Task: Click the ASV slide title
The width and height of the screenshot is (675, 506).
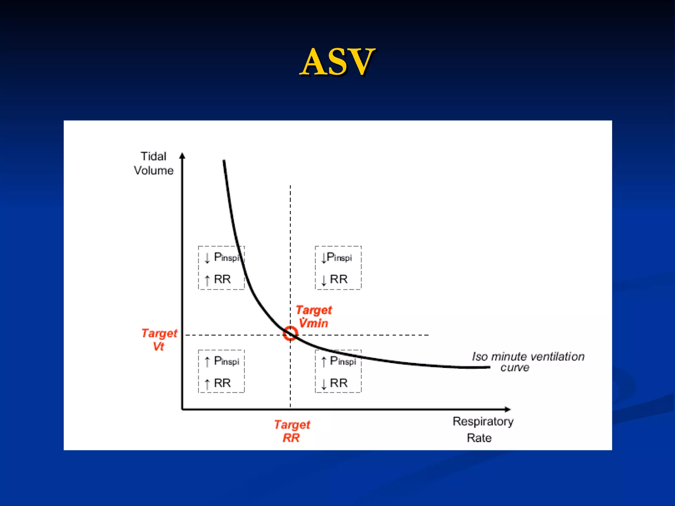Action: point(337,62)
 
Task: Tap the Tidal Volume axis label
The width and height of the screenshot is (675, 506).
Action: point(154,163)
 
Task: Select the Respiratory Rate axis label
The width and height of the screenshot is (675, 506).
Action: point(483,430)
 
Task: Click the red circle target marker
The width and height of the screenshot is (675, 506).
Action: point(290,333)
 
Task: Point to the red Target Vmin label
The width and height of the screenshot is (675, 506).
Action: point(313,317)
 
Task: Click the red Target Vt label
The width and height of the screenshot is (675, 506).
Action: point(159,340)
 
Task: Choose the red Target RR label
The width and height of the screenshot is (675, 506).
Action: point(292,431)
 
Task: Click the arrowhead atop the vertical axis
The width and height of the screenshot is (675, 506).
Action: point(182,155)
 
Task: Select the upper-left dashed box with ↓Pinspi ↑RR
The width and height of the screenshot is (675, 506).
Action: point(221,268)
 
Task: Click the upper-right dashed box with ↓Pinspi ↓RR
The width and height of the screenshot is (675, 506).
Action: point(338,268)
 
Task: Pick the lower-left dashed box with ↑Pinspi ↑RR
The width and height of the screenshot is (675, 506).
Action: point(221,371)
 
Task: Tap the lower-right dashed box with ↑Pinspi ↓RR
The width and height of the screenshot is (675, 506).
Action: point(338,371)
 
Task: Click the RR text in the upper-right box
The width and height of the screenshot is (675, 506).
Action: point(339,279)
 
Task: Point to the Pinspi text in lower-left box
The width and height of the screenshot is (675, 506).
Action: point(226,361)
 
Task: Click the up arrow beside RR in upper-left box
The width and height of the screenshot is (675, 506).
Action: point(207,280)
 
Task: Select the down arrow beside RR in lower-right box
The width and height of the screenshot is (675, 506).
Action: point(324,384)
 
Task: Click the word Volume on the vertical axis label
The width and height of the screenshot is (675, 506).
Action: point(154,171)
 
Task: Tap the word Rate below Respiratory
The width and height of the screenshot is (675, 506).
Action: point(479,438)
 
